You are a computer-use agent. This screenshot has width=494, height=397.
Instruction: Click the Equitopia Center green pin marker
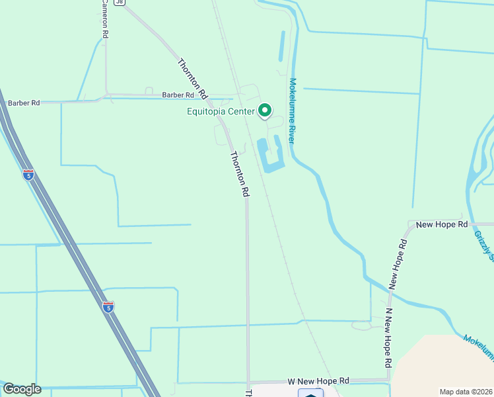tap(265, 110)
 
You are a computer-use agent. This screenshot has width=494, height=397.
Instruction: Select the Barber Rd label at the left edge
tap(23, 103)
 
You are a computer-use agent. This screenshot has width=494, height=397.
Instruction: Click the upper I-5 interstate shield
tap(28, 175)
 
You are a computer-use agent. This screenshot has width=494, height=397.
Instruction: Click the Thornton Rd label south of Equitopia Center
tap(239, 174)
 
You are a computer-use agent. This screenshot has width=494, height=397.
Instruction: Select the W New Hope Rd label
tap(318, 382)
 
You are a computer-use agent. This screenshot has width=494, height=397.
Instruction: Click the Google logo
tap(22, 389)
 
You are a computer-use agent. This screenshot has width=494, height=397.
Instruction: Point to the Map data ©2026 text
tap(466, 390)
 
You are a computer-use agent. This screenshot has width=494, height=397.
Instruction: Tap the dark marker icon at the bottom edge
tap(310, 393)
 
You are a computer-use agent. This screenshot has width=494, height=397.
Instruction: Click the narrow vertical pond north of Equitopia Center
tap(282, 46)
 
